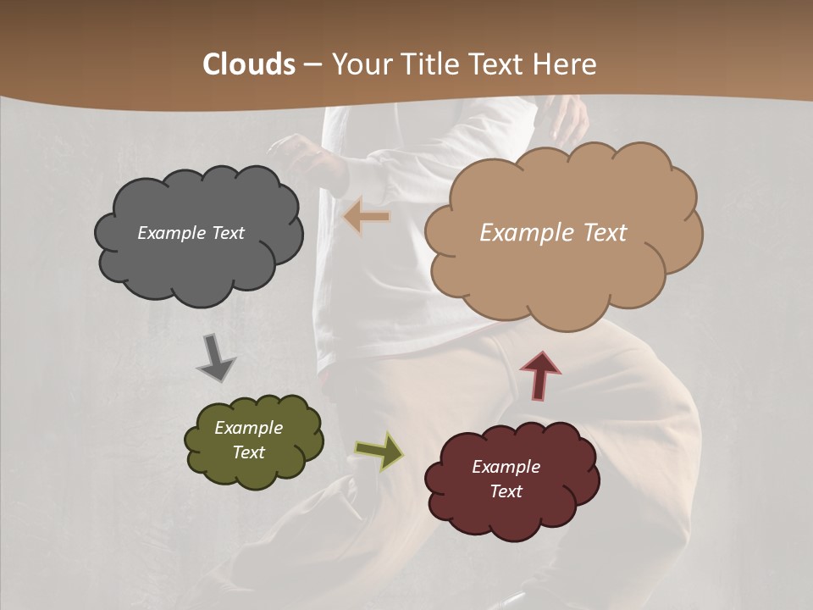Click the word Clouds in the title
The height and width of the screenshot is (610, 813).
click(249, 64)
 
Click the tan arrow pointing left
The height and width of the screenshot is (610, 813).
click(367, 218)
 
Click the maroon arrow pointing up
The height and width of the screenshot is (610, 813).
click(540, 374)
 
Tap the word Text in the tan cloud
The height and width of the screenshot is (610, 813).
click(599, 233)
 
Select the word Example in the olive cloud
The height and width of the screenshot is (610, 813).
click(248, 428)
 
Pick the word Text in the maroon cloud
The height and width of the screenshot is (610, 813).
click(506, 491)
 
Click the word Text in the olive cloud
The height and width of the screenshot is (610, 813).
click(248, 452)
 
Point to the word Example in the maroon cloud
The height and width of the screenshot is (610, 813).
click(506, 467)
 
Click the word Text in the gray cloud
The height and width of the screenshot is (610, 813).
click(227, 233)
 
